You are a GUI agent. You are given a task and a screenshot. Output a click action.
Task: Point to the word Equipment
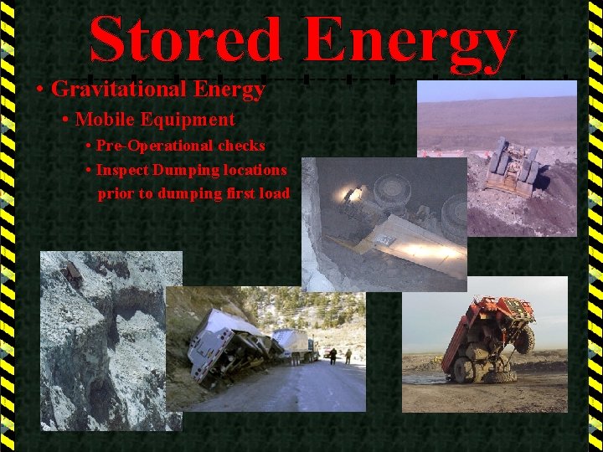[x=188, y=120]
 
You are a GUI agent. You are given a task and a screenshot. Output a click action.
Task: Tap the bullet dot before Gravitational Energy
[x=40, y=89]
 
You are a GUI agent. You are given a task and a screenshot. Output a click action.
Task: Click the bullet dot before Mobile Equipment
[x=66, y=121]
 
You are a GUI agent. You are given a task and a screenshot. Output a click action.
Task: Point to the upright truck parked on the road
[x=298, y=344]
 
